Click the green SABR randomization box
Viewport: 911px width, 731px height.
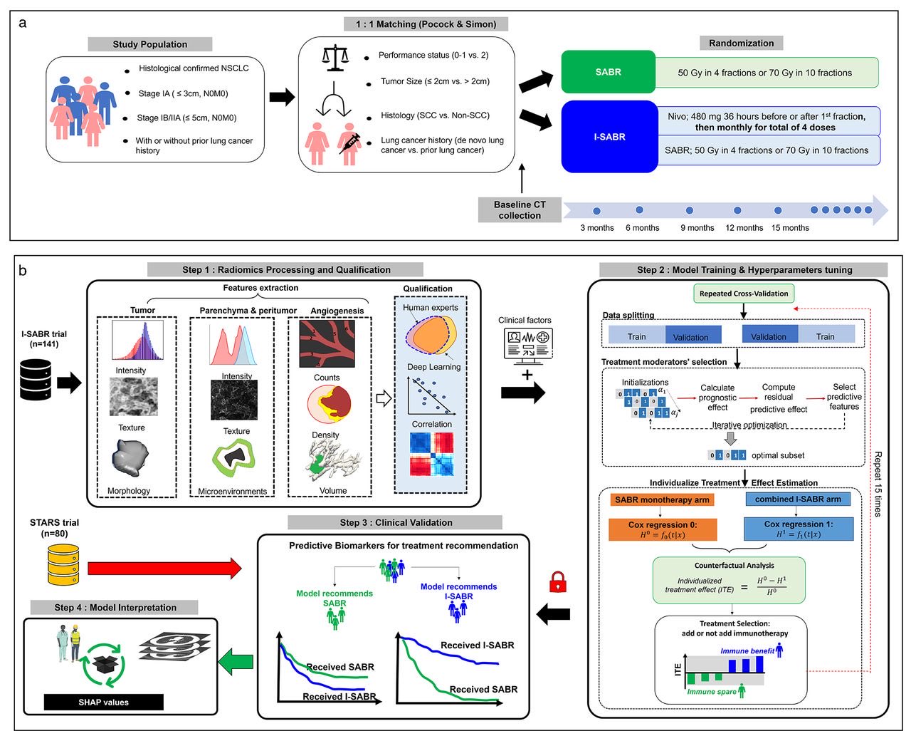tap(608, 72)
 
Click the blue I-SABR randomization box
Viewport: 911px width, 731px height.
tap(609, 137)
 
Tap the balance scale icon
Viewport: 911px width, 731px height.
tap(334, 58)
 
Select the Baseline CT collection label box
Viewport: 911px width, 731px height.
tap(520, 209)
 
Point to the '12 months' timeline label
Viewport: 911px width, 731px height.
tap(744, 228)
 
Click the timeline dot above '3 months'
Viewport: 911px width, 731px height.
tap(596, 211)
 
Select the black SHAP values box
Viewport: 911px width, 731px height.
tap(103, 702)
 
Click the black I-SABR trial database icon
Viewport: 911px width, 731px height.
tap(36, 380)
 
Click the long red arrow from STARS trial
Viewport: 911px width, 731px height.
tap(164, 568)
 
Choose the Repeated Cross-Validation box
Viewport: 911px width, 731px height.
tap(743, 294)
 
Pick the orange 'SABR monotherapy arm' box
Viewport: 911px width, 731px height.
tap(662, 499)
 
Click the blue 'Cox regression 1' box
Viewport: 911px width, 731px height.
tap(798, 529)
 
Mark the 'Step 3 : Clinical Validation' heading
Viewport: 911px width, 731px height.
tap(395, 522)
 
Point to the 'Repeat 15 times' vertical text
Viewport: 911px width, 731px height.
tap(878, 484)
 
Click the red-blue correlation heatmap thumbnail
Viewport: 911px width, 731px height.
tap(431, 455)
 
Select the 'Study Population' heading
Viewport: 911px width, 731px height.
tap(149, 44)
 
